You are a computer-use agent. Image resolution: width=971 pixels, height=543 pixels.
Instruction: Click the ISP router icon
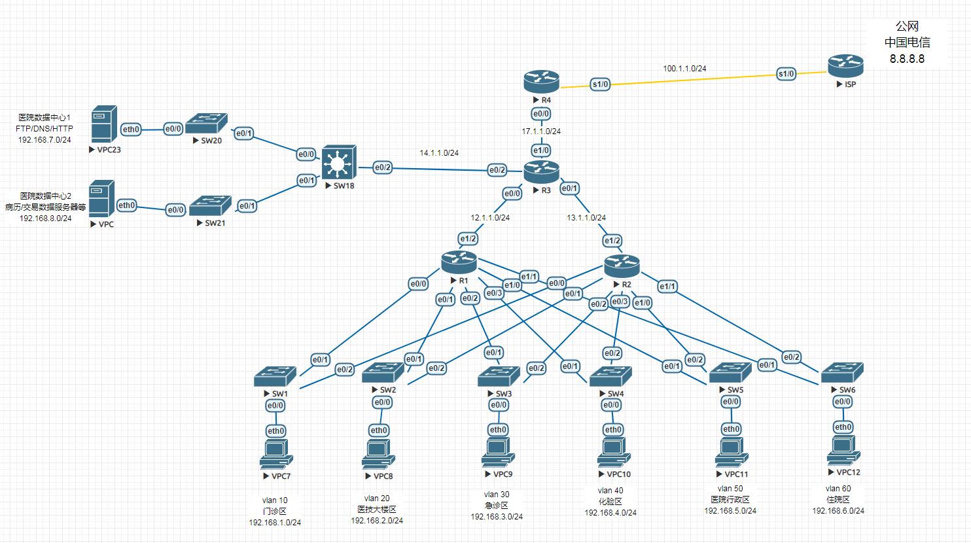(x=845, y=65)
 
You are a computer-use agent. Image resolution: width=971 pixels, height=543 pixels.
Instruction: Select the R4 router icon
(x=541, y=82)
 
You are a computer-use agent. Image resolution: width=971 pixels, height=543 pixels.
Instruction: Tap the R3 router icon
(x=541, y=172)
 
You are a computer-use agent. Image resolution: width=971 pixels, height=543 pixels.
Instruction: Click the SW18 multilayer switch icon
(x=338, y=162)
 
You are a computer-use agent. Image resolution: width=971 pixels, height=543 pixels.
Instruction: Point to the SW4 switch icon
(x=610, y=376)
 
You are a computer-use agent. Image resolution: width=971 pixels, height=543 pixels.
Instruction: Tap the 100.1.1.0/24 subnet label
(x=684, y=68)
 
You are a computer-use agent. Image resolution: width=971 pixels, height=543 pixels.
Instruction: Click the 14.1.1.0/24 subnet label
(x=439, y=153)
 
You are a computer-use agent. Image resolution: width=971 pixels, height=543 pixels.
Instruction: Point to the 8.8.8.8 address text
(x=907, y=59)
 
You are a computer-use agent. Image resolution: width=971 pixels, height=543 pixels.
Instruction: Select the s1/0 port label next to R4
(x=600, y=84)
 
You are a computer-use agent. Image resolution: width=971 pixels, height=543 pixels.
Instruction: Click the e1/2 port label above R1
(x=468, y=239)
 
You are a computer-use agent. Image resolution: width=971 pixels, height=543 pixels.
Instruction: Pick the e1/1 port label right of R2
(x=667, y=287)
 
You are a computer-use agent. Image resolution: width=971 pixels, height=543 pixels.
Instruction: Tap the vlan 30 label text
(x=497, y=495)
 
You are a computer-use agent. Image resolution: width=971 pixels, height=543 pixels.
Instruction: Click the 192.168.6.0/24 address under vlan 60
(x=838, y=511)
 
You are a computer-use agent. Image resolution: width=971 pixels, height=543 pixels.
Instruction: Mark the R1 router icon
(x=459, y=262)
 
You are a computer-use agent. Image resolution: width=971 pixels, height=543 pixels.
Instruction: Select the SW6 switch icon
(x=842, y=373)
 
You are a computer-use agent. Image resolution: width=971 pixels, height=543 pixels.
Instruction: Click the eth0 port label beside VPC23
(x=131, y=130)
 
